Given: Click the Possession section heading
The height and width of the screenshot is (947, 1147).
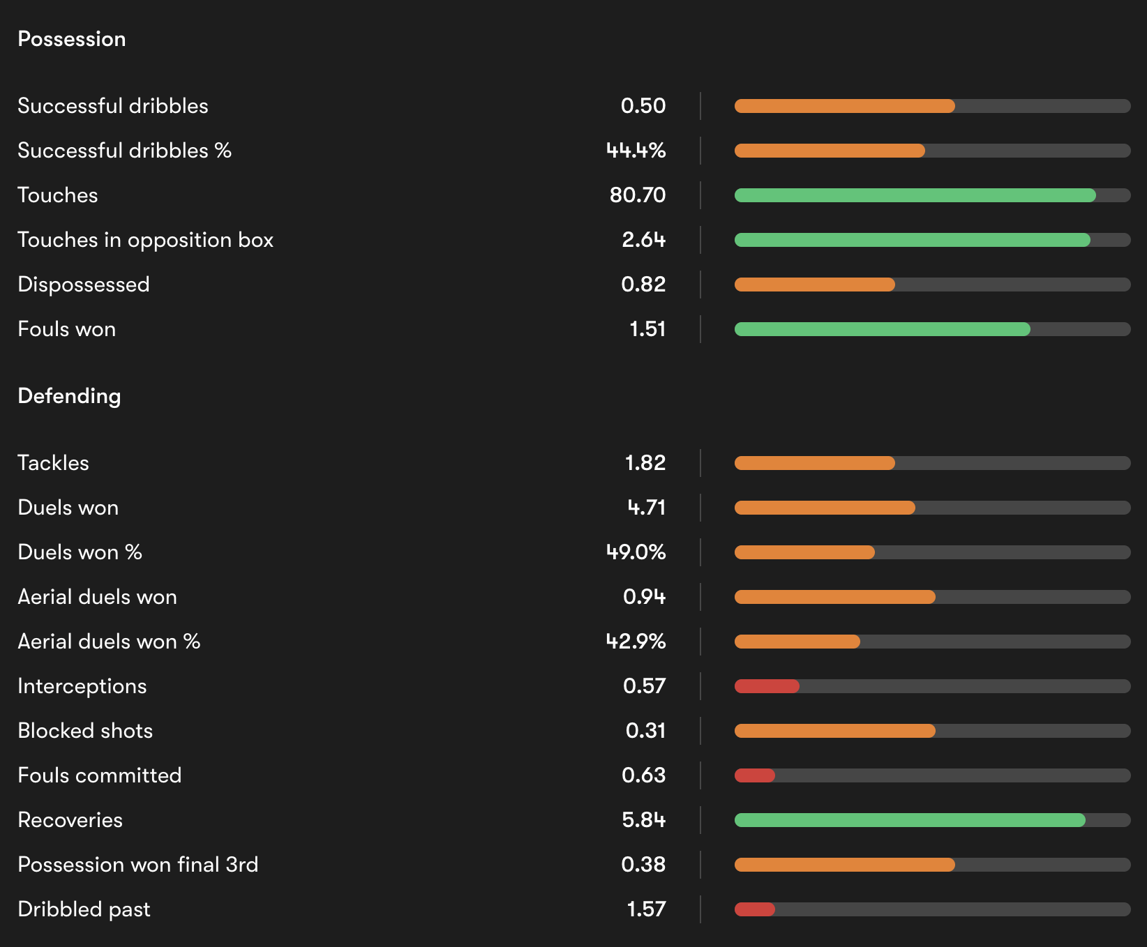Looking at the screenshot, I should point(72,39).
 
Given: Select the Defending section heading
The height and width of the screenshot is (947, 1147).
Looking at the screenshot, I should point(69,396).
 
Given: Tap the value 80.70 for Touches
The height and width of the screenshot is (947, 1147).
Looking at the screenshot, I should point(638,195).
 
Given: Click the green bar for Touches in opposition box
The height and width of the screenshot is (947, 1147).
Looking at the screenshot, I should point(912,240).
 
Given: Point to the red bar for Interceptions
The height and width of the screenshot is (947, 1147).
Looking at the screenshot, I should point(767,686).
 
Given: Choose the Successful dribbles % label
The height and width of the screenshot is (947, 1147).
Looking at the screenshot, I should point(124,151).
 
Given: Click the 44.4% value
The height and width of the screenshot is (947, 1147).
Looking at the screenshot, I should point(636,151).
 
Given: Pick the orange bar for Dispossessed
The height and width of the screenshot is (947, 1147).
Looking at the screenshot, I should point(814,285).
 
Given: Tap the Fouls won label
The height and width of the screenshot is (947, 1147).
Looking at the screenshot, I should point(67,329).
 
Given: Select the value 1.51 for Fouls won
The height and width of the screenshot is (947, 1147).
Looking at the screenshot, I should point(647,329).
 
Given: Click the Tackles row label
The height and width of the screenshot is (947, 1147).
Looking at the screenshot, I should point(54,463).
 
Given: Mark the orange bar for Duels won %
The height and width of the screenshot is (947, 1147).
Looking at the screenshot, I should point(804,552).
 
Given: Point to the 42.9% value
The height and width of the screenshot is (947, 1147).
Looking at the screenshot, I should point(636,642).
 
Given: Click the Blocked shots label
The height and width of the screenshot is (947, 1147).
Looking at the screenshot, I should point(85,731).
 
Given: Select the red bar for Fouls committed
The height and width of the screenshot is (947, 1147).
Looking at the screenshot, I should point(755,775).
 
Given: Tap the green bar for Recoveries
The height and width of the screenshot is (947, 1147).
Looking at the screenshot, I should point(910,820).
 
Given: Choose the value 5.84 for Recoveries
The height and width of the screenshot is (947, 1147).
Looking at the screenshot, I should point(643,820).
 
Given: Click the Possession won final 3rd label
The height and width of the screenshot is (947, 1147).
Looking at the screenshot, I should point(138,865).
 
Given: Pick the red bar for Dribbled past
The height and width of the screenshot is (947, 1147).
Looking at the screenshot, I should point(755,909).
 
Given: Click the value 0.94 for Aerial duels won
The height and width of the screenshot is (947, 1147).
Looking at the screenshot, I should point(644,597).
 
